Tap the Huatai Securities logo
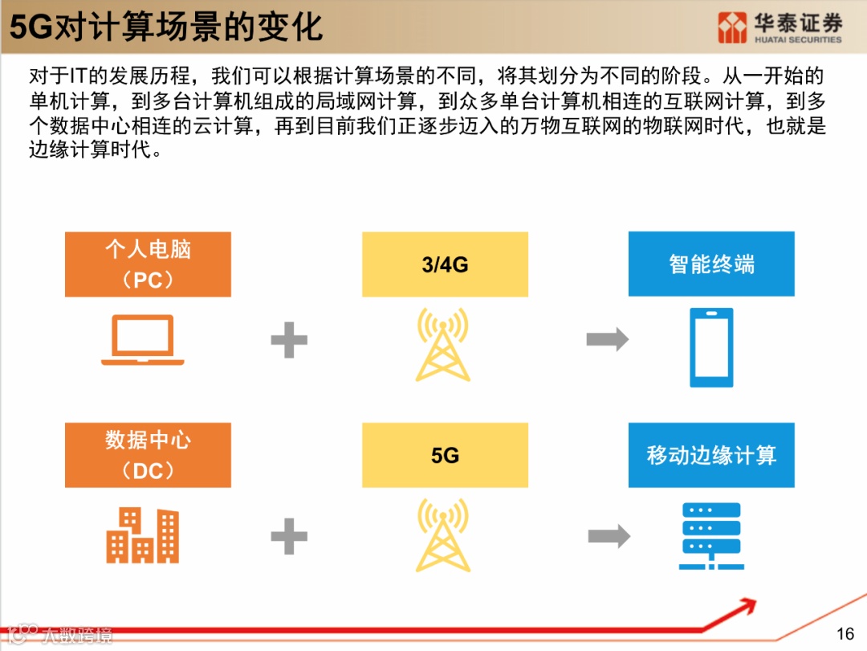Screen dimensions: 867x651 (779, 27)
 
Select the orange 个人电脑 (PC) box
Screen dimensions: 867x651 (148, 264)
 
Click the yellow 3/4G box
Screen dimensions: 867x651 (445, 264)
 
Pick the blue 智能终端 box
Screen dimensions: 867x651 (711, 264)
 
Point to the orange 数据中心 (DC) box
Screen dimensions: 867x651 (148, 455)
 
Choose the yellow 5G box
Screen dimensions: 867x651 (445, 455)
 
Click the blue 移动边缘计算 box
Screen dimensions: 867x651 (711, 455)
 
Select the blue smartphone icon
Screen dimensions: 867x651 (711, 347)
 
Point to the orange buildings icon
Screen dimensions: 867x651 (142, 535)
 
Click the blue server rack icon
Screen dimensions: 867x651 (710, 535)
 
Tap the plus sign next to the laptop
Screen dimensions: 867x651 (289, 340)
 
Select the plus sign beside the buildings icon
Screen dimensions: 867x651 (289, 535)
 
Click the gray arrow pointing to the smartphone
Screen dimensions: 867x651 (608, 340)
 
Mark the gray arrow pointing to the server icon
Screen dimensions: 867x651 (609, 535)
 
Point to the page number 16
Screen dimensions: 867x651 (845, 634)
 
